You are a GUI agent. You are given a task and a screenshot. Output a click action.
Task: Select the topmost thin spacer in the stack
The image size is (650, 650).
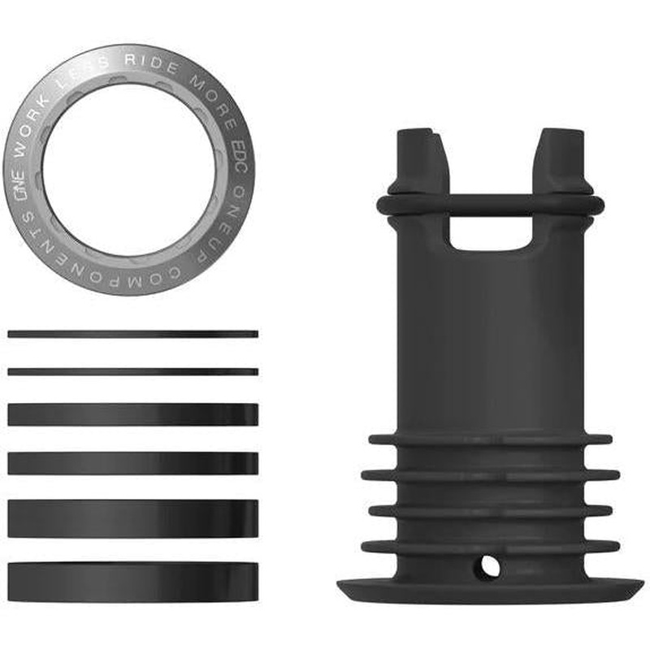(132, 334)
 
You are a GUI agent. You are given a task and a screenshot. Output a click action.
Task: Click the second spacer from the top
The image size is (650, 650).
(132, 372)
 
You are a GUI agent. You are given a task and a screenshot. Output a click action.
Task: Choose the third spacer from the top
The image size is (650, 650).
(132, 414)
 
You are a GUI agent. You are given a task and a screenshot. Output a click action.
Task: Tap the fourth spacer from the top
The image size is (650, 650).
(132, 463)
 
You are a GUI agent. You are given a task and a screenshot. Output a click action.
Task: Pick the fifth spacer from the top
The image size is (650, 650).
(132, 518)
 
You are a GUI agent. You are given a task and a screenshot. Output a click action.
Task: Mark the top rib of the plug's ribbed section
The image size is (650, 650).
(490, 440)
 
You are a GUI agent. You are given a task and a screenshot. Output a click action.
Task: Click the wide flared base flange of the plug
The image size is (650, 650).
(490, 590)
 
